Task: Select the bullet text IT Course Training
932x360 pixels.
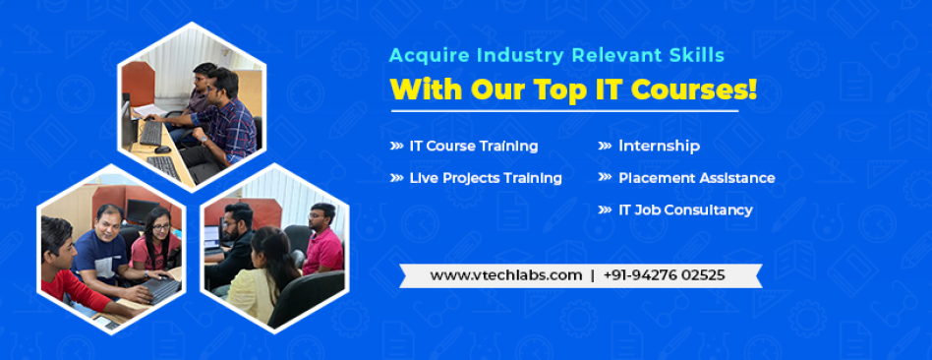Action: [x=474, y=146]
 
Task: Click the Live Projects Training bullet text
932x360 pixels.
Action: [x=486, y=178]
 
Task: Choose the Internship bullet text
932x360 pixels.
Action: [x=659, y=146]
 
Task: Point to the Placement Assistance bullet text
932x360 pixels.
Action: [x=697, y=178]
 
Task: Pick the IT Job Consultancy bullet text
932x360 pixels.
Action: [x=685, y=210]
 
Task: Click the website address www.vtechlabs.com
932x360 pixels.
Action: [x=506, y=275]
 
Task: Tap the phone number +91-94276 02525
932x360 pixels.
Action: [x=664, y=275]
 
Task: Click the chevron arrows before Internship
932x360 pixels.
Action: [x=605, y=146]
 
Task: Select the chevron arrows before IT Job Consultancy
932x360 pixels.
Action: [x=605, y=210]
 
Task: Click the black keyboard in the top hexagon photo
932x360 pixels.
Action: [x=151, y=132]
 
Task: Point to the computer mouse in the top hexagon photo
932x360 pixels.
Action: [x=161, y=150]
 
